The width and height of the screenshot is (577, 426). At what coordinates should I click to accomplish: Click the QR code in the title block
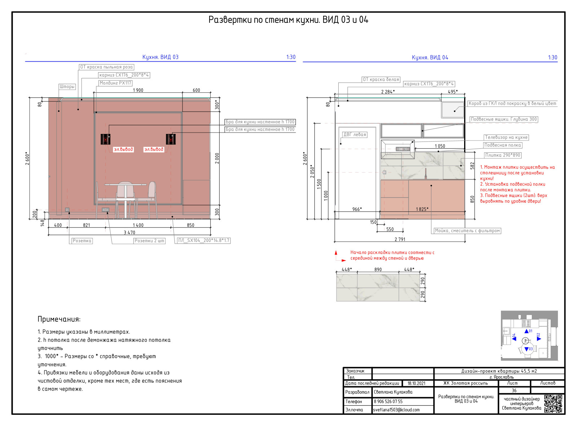553,404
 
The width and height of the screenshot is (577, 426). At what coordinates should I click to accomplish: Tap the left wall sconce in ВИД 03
105,139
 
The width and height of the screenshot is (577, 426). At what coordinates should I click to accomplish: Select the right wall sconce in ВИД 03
171,139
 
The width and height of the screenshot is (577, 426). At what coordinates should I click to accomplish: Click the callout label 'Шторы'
67,87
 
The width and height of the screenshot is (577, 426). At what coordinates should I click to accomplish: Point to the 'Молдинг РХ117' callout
115,83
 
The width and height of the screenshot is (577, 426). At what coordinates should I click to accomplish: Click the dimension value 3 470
129,232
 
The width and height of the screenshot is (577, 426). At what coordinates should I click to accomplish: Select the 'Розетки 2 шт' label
149,241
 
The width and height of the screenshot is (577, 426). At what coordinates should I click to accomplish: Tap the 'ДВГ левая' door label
354,135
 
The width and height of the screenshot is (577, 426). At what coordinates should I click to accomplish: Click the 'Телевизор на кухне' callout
506,138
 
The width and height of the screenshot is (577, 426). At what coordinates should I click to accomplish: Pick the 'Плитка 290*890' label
503,155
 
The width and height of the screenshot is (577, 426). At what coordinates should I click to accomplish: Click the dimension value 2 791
400,239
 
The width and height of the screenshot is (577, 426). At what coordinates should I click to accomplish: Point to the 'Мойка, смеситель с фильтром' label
467,231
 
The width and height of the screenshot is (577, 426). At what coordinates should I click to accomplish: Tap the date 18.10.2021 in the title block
416,383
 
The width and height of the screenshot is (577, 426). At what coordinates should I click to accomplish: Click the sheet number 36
514,390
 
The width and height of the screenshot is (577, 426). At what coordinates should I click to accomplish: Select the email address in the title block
396,410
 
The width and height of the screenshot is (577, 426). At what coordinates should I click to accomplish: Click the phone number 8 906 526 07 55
388,401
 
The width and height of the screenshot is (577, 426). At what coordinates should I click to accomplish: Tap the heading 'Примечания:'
59,319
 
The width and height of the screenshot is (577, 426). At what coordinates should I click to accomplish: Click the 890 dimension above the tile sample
378,270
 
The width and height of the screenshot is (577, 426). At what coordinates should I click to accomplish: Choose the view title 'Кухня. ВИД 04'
430,57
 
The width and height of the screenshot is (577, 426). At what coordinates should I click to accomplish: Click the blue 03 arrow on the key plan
527,349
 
